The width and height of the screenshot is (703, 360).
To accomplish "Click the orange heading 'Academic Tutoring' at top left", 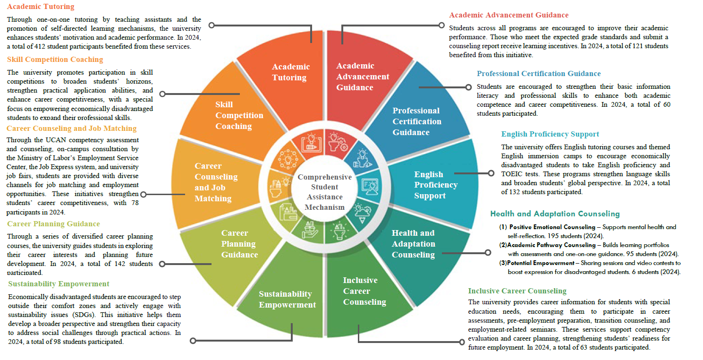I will point(41,7).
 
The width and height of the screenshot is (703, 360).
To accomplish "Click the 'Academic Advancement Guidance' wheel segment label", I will point(363,77).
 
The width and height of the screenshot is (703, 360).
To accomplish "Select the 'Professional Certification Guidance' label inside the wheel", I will point(416,121).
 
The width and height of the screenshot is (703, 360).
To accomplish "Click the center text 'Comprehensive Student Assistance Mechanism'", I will point(324,192).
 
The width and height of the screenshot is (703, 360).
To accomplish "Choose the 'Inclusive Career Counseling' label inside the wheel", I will point(364,291).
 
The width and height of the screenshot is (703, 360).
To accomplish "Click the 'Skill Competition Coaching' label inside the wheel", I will point(239,115).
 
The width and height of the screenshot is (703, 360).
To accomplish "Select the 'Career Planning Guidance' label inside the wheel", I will point(239,244).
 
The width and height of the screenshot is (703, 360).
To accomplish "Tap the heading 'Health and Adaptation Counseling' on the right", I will point(555,214).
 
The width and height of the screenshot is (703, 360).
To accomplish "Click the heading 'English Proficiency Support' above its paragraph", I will point(550,134).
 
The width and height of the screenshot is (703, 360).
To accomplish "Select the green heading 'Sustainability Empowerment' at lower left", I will point(59,284).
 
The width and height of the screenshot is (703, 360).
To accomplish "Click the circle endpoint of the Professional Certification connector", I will point(468,87).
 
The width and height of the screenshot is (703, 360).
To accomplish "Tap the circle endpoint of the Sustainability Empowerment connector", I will point(193,340).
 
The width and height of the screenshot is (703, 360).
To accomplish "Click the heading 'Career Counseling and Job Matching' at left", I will point(71,129).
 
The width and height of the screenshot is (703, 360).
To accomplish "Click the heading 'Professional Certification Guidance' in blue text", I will point(538,74).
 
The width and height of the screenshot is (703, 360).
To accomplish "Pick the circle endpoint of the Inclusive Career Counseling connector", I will point(462,342).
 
